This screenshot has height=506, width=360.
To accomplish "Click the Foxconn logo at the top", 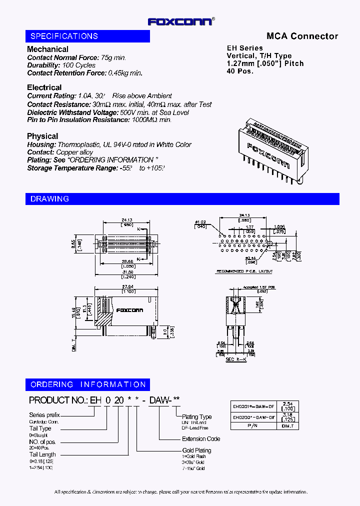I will pos(181,21).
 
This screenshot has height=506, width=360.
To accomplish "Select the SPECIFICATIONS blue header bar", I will pos(87,36).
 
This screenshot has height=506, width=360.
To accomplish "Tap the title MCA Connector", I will pos(302,36).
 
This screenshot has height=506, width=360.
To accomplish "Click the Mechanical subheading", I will pos(47,49).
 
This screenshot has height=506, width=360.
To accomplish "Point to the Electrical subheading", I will pos(44,87).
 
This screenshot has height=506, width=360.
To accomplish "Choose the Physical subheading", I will pos(42,136).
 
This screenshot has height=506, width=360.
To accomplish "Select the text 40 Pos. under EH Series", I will pos(240,70).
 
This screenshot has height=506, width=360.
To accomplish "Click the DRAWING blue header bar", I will pos(182,198).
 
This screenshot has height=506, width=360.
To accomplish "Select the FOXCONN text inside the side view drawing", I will pos(129,310).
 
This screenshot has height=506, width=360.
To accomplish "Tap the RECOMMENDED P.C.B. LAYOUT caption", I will pos(244,271).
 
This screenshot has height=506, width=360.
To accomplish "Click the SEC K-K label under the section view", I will pos(236,359).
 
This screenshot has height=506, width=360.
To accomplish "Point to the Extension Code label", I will pos(201,439).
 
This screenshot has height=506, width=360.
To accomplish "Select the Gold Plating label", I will pos(196,450).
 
